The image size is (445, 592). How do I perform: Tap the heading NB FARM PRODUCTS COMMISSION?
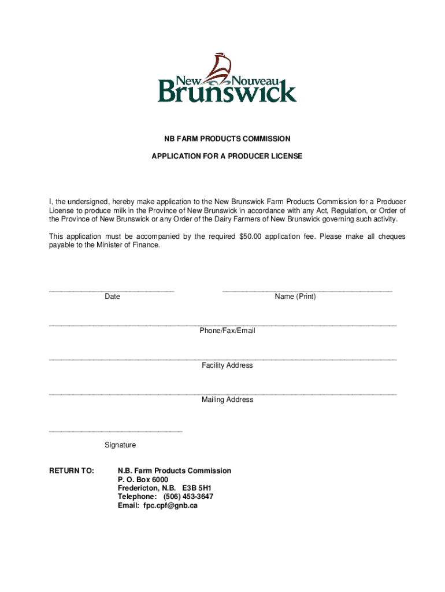[x=226, y=139]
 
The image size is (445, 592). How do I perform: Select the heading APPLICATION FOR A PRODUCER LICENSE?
[x=227, y=157]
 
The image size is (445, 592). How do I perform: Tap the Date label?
[x=113, y=297]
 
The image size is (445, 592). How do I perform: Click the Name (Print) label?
[x=295, y=297]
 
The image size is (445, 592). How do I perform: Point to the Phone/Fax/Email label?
[x=227, y=331]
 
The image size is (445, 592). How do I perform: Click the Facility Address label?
[x=227, y=365]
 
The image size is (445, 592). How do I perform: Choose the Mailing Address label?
[x=227, y=399]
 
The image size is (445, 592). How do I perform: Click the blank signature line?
[x=116, y=431]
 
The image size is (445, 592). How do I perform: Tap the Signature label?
[x=120, y=445]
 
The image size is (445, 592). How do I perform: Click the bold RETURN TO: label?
[x=72, y=471]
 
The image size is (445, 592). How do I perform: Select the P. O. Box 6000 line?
[x=143, y=480]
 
